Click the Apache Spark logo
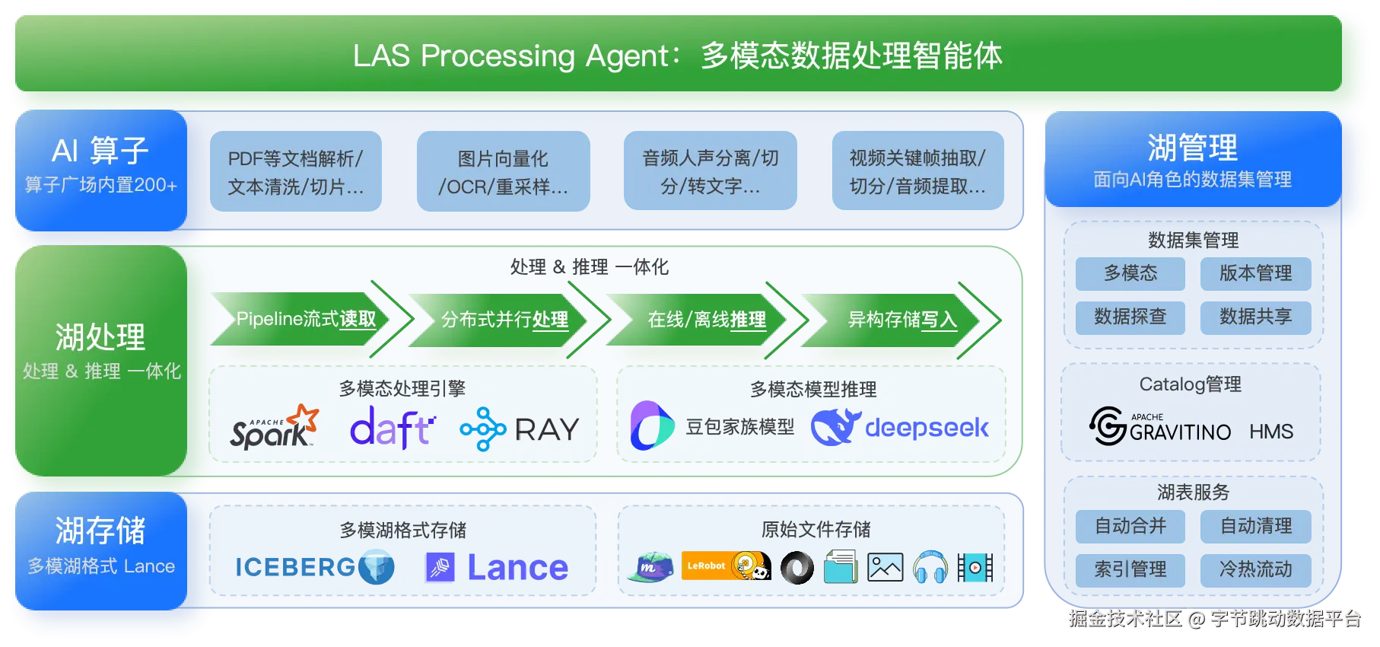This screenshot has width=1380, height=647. click(x=275, y=427)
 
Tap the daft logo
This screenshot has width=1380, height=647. click(x=393, y=428)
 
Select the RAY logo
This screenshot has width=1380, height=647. click(x=520, y=429)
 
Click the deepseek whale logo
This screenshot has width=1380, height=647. click(x=835, y=427)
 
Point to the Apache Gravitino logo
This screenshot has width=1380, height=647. click(x=1159, y=426)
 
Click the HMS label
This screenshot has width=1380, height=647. click(x=1271, y=432)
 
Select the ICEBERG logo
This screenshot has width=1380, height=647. click(x=314, y=567)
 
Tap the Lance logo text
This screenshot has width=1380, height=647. click(x=517, y=568)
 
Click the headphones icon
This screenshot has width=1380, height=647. click(x=930, y=567)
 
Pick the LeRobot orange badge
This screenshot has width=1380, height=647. click(x=726, y=566)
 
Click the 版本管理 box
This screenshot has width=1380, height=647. click(x=1255, y=273)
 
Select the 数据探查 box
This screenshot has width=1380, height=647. click(x=1130, y=317)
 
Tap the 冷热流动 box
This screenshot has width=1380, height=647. click(x=1255, y=570)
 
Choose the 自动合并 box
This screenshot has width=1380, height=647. click(x=1130, y=526)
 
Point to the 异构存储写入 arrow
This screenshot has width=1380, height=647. click(x=902, y=320)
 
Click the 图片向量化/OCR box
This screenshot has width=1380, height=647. click(x=503, y=171)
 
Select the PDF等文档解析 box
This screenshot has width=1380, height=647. click(x=296, y=171)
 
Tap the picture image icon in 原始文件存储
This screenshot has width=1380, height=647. click(x=885, y=567)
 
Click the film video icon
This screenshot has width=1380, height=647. click(x=975, y=567)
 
